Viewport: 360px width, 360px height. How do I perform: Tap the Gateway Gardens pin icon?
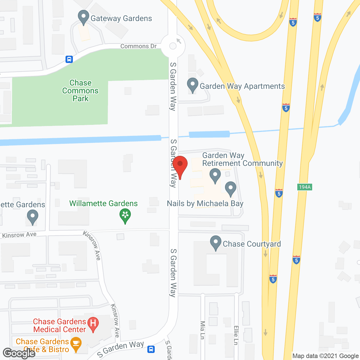point(83,17)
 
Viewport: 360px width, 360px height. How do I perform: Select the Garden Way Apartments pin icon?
point(193,85)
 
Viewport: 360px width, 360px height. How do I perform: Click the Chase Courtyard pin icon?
point(216,243)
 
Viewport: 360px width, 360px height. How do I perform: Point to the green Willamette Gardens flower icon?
point(125,215)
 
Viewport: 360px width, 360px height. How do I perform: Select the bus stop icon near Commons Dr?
point(69,59)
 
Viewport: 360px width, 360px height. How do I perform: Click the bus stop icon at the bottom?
point(151,349)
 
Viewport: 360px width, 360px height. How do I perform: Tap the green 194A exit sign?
point(305,187)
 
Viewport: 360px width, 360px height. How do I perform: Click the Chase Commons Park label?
point(80,91)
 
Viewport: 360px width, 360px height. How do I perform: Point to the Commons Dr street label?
point(138,46)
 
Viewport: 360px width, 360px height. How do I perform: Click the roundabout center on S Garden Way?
point(173,46)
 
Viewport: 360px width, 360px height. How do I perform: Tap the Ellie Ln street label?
point(236,335)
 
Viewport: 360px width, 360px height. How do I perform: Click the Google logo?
point(19,353)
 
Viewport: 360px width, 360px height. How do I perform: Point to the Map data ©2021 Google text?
point(325,356)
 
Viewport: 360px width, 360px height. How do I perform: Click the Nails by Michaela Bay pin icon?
point(231,188)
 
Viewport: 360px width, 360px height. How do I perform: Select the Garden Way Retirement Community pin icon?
point(215,175)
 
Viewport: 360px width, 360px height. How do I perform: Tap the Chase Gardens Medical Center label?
point(59,325)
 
